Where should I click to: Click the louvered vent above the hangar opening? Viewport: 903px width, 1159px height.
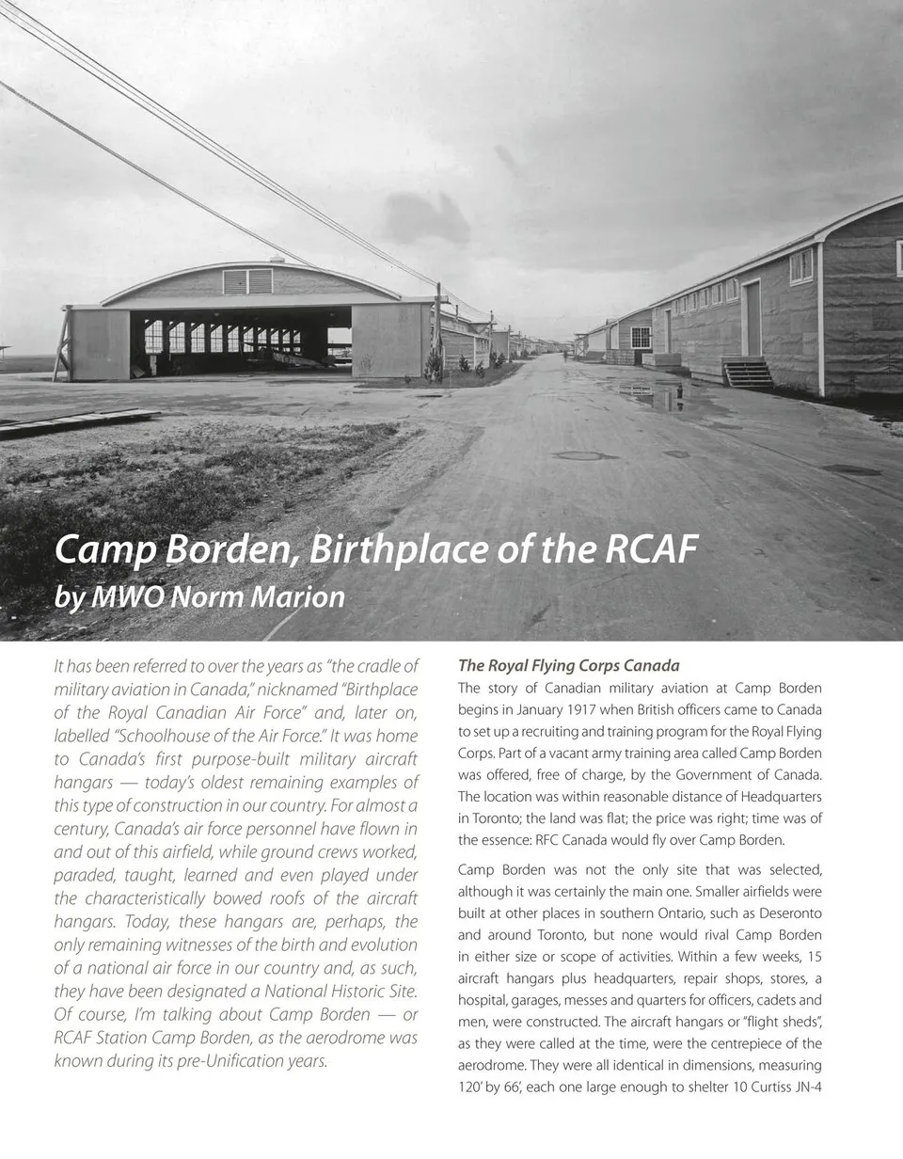[247, 281]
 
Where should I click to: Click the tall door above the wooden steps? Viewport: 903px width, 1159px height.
[753, 318]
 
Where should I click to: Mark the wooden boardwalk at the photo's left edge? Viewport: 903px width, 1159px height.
[75, 422]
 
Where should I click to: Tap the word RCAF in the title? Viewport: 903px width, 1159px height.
[650, 549]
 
